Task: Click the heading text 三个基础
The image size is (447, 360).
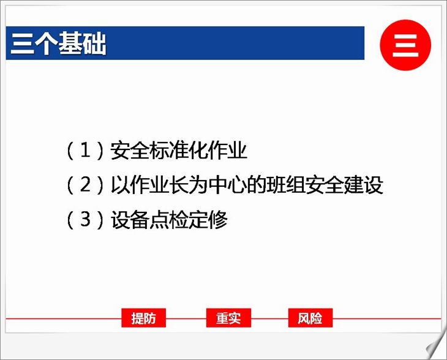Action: pos(58,43)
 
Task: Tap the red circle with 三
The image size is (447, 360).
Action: pos(405,45)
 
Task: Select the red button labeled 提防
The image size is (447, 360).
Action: pos(143,318)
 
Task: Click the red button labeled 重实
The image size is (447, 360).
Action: pos(228,318)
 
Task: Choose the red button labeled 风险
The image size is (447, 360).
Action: pos(310,318)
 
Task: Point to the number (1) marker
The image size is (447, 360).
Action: pos(85,151)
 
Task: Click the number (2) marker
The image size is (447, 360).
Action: pos(85,185)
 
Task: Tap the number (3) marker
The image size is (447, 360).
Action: pos(85,220)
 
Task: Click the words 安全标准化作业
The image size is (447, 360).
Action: pos(178,150)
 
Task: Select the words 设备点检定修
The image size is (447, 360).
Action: pos(169,220)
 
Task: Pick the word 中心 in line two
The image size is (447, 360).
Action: pos(227,185)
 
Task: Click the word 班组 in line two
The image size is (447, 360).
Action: pos(285,185)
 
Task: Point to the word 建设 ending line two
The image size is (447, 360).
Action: pos(363,185)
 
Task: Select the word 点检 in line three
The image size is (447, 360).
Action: pos(169,220)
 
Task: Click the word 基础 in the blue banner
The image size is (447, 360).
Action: pos(83,43)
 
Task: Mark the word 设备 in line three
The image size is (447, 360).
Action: pos(130,220)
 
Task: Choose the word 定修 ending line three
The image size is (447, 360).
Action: pos(208,220)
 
